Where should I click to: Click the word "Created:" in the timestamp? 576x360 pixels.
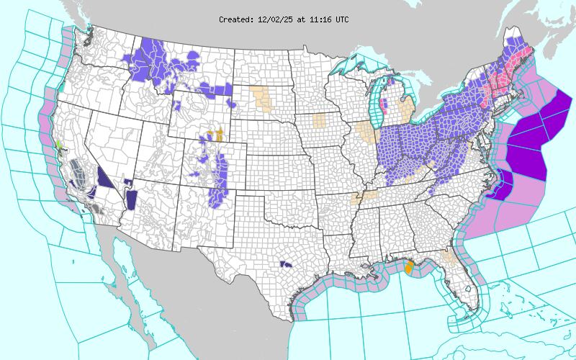click(235, 19)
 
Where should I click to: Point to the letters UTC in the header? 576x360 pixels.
click(340, 19)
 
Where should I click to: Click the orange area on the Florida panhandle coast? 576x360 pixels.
click(409, 269)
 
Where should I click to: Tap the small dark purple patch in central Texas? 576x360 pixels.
click(285, 264)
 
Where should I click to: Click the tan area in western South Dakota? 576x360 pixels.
click(263, 99)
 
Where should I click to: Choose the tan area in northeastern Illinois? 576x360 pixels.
click(367, 133)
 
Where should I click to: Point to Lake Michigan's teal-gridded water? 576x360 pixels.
click(376, 108)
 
